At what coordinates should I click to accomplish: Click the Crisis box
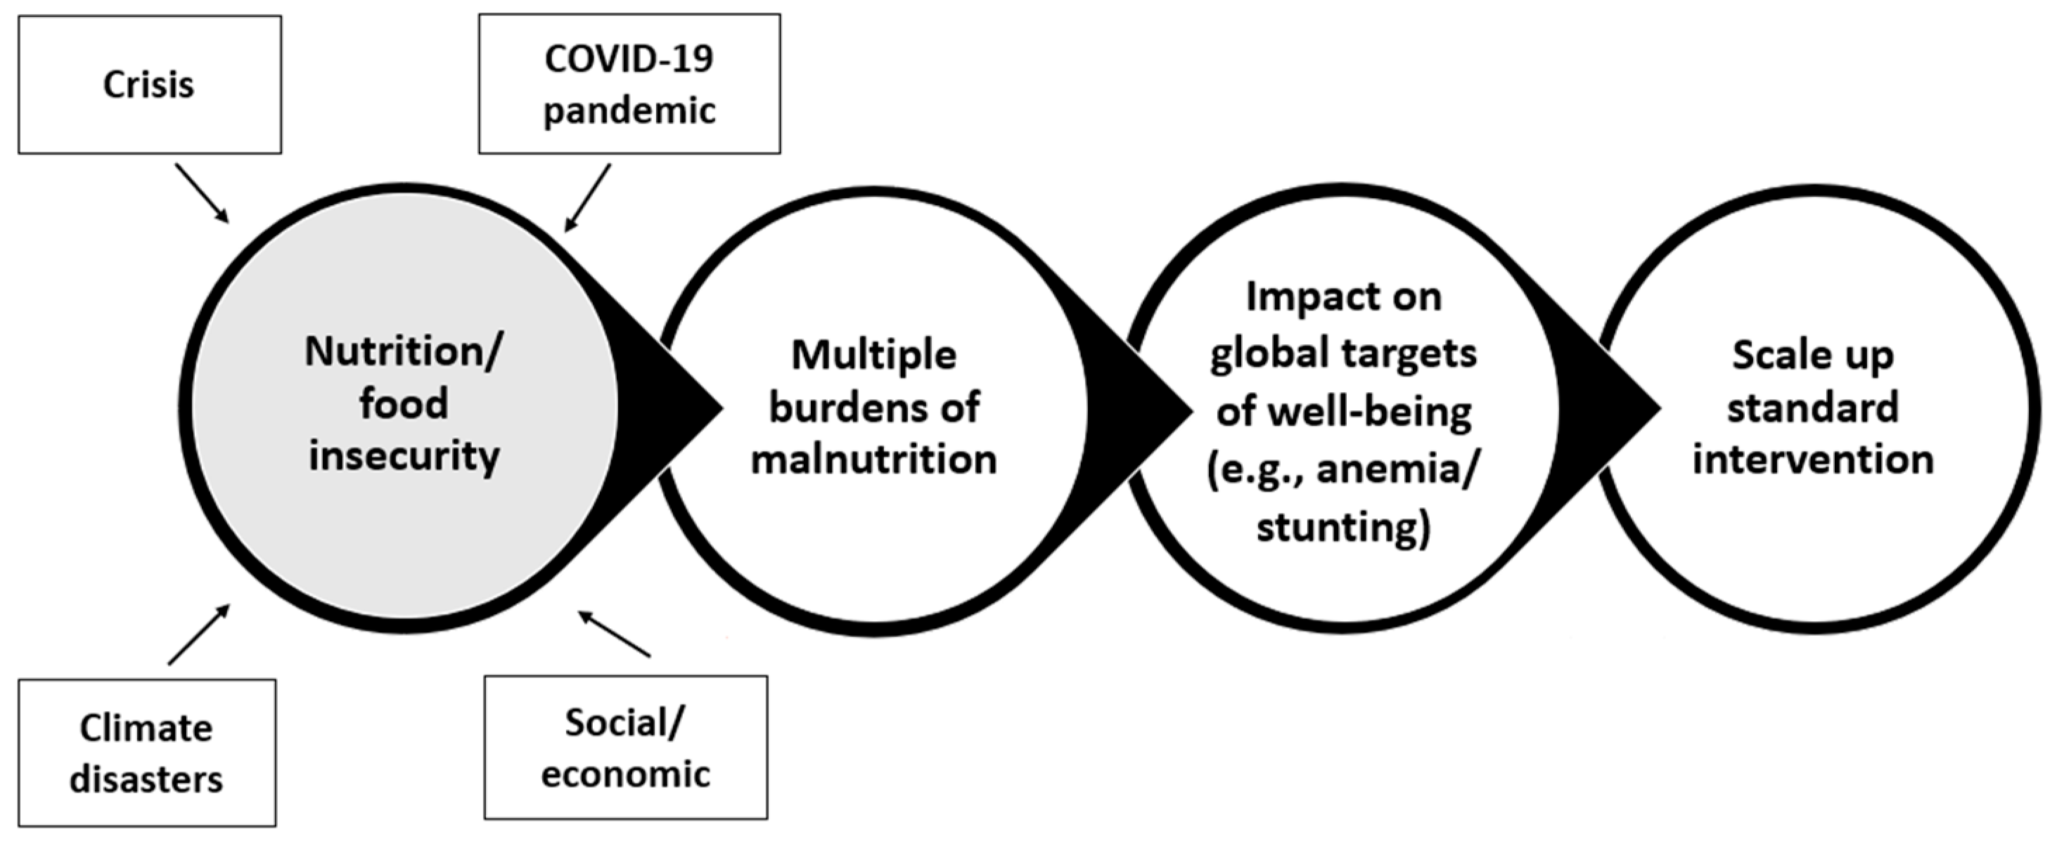149,84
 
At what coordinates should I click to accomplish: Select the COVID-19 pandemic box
629,84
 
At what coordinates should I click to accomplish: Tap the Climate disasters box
147,753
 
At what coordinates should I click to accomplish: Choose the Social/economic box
625,747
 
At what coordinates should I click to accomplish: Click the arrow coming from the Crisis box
201,193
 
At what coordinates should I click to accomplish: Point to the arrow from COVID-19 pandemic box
588,197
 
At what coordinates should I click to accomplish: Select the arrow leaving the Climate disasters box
199,634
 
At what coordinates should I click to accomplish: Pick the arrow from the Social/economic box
614,634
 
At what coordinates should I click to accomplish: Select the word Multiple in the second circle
873,355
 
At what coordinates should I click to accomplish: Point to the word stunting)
1343,528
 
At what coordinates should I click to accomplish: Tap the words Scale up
1813,355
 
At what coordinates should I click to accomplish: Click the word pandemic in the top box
629,110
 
